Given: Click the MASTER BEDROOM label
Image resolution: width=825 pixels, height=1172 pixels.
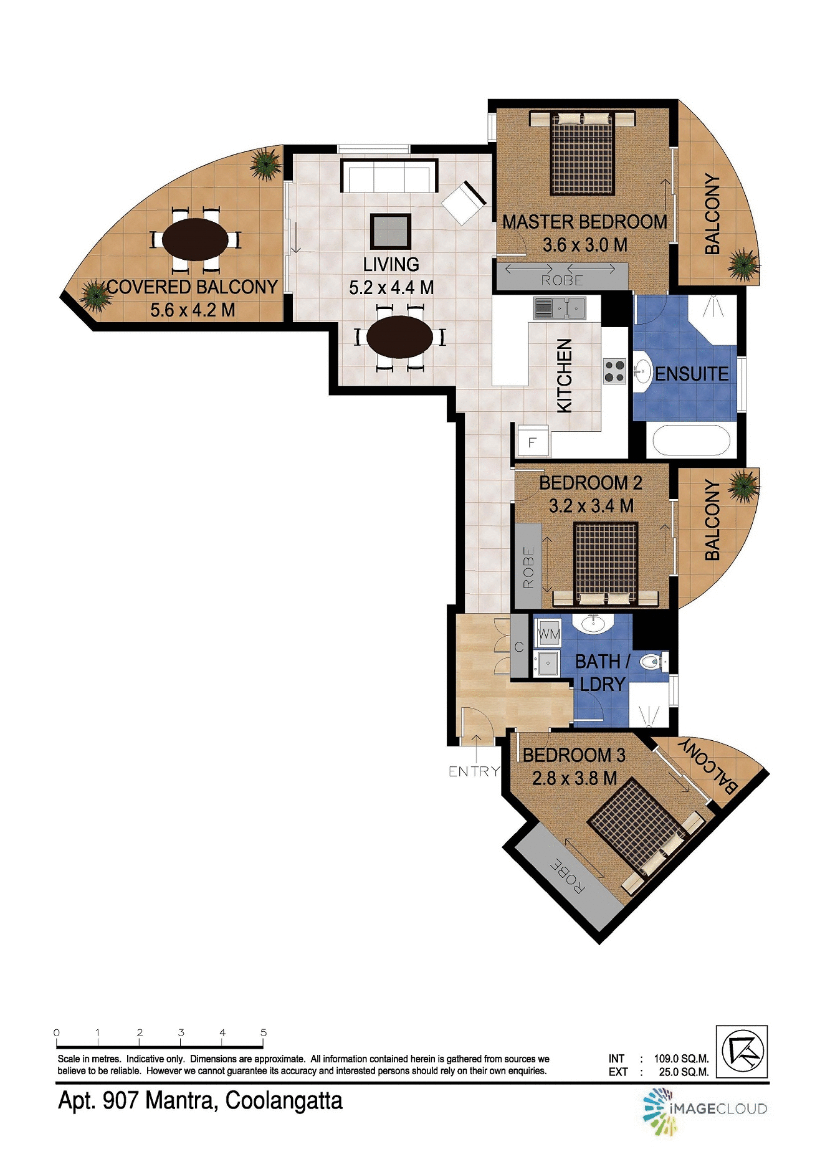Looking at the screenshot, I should coord(584,222).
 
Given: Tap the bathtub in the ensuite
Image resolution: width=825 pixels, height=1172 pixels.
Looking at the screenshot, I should coord(690,441).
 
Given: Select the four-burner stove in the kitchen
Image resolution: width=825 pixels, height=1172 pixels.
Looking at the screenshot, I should coord(614,371).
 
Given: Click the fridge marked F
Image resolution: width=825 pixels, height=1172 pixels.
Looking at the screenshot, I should coord(533,442).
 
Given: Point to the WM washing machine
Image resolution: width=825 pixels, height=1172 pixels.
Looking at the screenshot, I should coord(548,634).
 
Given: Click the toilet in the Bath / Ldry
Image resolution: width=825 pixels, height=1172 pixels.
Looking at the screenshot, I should coord(652,662).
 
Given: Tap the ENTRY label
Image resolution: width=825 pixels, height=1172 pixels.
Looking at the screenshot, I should coord(474,771).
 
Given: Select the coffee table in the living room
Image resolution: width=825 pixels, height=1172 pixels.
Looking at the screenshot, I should coord(391,231).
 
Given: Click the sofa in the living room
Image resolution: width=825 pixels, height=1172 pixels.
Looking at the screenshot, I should coord(389,176).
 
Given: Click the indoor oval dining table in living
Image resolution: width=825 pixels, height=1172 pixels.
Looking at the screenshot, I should coord(399,337).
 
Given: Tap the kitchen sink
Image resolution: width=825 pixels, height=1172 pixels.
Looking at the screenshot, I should coord(559,308).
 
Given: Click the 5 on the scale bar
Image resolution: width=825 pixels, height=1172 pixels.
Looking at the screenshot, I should coord(264,1033).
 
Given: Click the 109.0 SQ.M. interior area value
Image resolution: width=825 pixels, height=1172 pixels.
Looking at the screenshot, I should coord(681,1059).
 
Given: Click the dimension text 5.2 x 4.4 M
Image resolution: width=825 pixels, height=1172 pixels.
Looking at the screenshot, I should coord(391,288).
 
